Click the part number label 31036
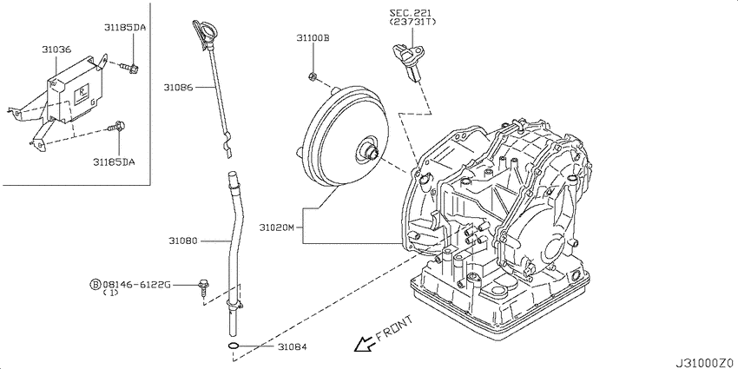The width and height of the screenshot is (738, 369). (x=56, y=49)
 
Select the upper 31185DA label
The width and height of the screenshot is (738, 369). (x=127, y=28)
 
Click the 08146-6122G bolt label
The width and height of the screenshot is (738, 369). (x=136, y=284)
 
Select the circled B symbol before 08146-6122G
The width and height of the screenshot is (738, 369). (x=95, y=284)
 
